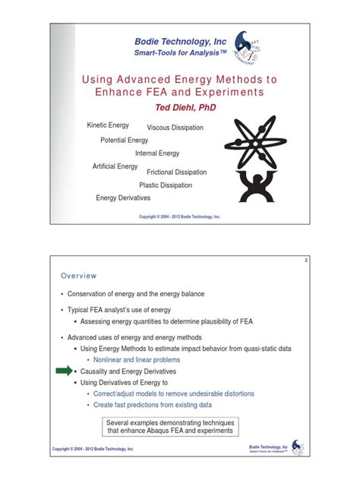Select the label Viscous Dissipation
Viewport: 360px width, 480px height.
click(x=175, y=128)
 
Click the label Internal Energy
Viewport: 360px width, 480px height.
click(x=157, y=153)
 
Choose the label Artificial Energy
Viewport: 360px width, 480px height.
click(x=115, y=166)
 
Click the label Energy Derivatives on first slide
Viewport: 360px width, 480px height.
click(x=123, y=198)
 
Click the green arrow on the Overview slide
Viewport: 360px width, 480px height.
click(x=66, y=371)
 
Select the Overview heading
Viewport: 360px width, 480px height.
click(x=79, y=276)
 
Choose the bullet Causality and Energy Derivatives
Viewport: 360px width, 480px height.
click(x=128, y=371)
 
